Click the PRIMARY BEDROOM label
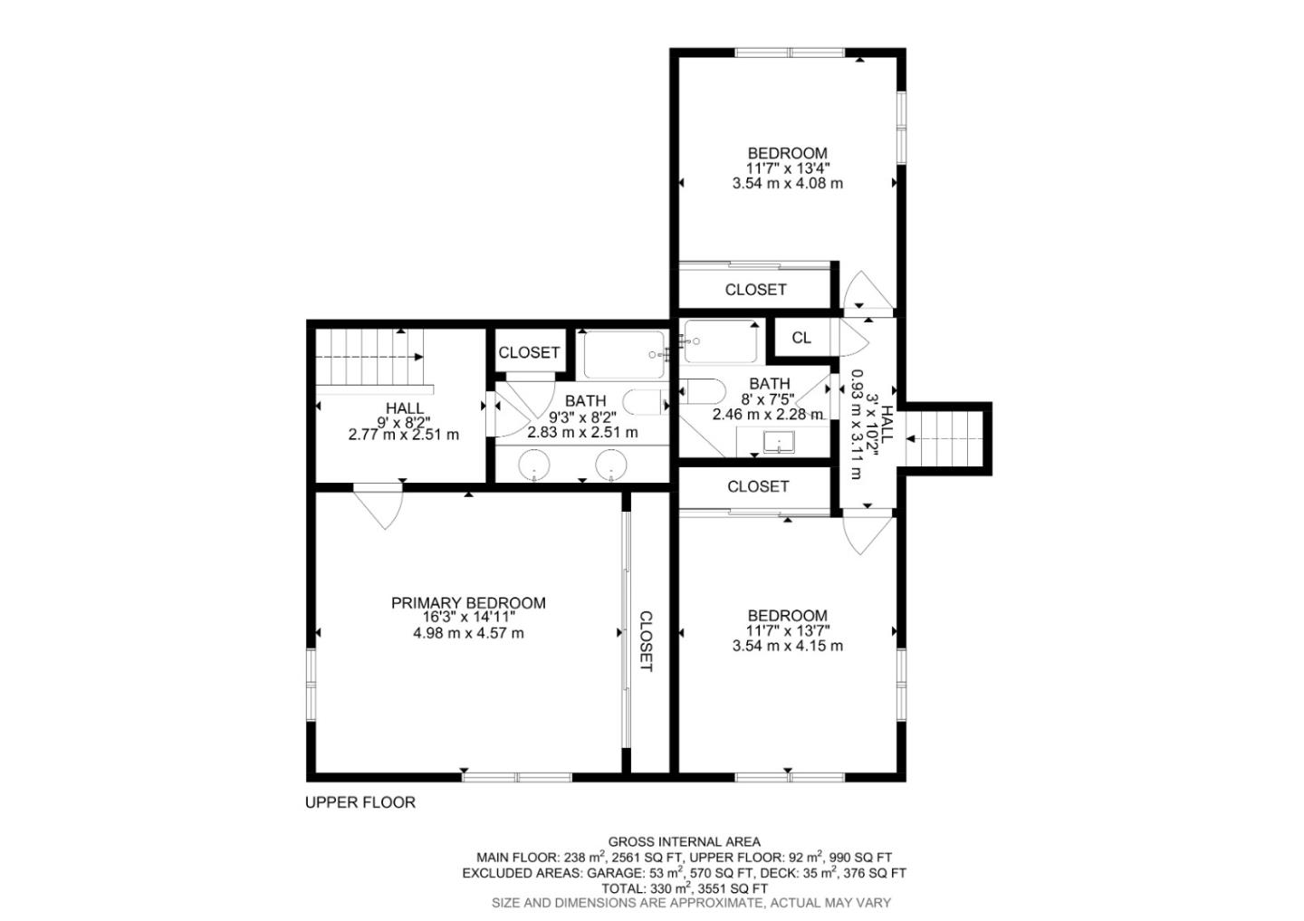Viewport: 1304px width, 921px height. (x=468, y=602)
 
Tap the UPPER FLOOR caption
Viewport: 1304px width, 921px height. (x=360, y=802)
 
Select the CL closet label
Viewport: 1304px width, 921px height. (x=801, y=338)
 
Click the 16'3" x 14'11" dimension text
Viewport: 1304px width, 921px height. (x=469, y=617)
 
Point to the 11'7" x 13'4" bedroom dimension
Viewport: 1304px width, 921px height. (x=788, y=168)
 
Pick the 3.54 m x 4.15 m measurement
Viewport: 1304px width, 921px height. (x=788, y=646)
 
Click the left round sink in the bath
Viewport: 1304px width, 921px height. (x=534, y=465)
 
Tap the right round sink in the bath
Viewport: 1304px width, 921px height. (x=611, y=465)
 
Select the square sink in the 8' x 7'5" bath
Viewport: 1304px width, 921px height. (x=779, y=442)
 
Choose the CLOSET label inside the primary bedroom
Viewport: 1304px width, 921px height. (x=646, y=641)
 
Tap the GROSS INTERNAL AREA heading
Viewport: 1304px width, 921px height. (x=684, y=841)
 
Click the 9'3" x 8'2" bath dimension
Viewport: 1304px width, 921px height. (x=583, y=417)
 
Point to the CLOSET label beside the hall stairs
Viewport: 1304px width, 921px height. (x=529, y=352)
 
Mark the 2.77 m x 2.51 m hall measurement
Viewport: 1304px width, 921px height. (x=404, y=435)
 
